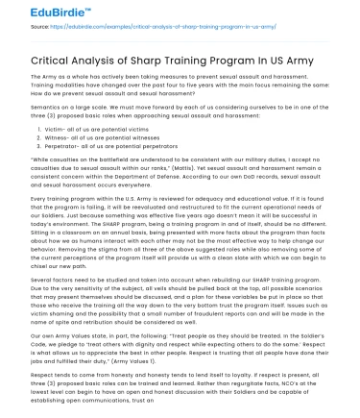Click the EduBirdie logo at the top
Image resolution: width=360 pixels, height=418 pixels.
[x=37, y=13]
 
